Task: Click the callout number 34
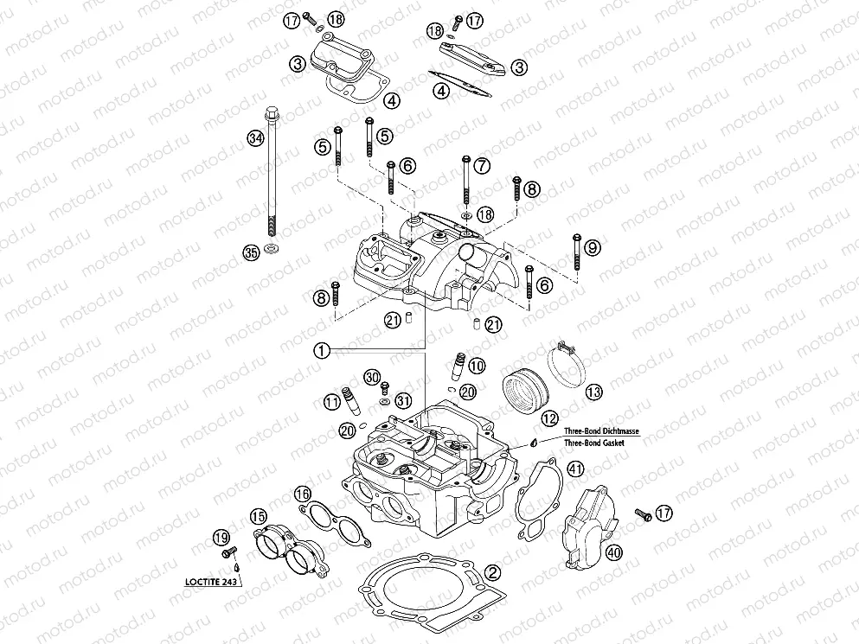click(253, 138)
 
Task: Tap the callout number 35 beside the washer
click(251, 252)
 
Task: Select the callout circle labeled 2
click(492, 572)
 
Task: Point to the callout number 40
click(614, 552)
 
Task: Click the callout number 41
click(575, 469)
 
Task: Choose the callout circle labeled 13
click(593, 392)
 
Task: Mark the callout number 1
click(321, 350)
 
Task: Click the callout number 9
click(592, 248)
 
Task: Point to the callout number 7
click(482, 164)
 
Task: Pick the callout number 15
click(258, 517)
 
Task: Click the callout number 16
click(302, 494)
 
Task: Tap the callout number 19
click(221, 538)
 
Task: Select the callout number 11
click(332, 402)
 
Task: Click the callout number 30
click(371, 377)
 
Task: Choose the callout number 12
click(550, 418)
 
